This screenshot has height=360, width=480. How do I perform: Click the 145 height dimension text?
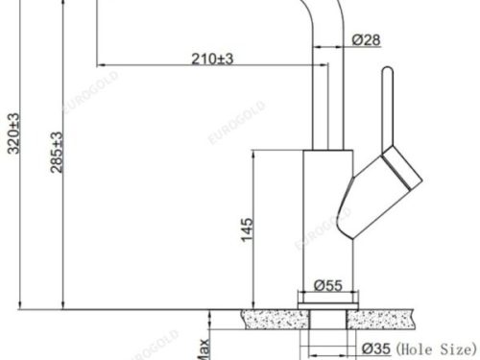click(x=247, y=229)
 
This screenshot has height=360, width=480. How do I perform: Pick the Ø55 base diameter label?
click(x=328, y=285)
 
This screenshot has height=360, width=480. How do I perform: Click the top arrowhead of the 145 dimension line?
click(x=253, y=155)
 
